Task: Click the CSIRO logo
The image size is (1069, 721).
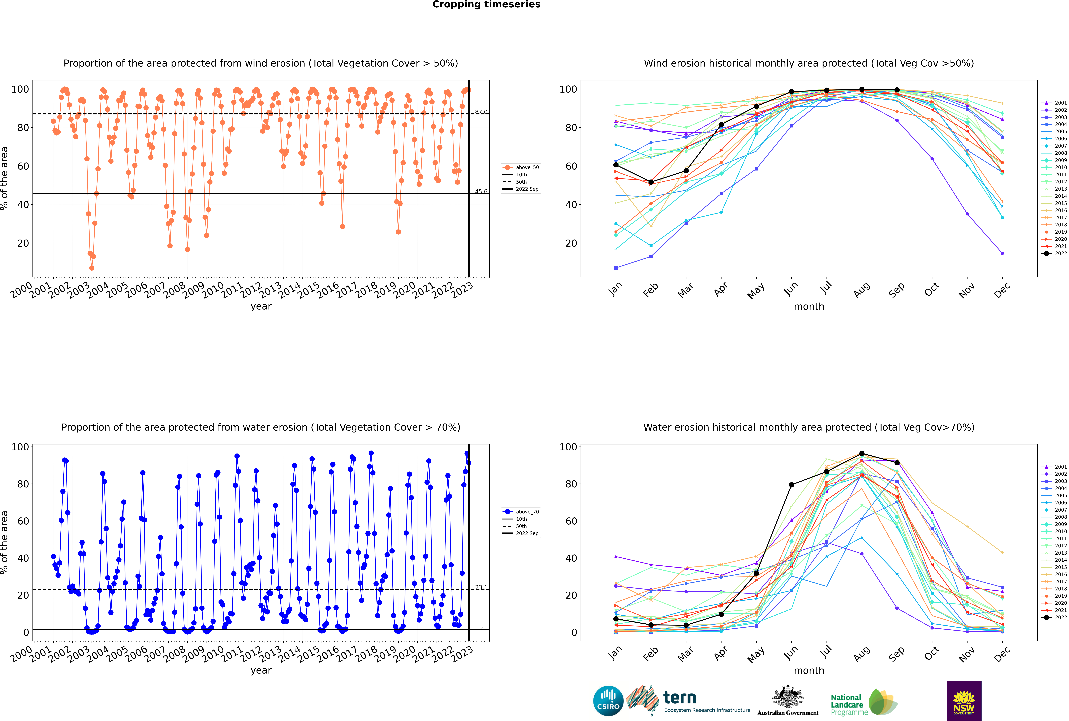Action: pyautogui.click(x=608, y=701)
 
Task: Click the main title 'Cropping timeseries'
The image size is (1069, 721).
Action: pyautogui.click(x=486, y=5)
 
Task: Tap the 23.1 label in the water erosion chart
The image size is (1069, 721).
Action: pyautogui.click(x=481, y=587)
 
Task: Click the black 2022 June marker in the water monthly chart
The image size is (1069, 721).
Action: pyautogui.click(x=791, y=485)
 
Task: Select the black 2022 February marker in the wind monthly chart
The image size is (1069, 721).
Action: pyautogui.click(x=651, y=182)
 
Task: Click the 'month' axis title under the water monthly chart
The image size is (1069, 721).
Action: pyautogui.click(x=809, y=670)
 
